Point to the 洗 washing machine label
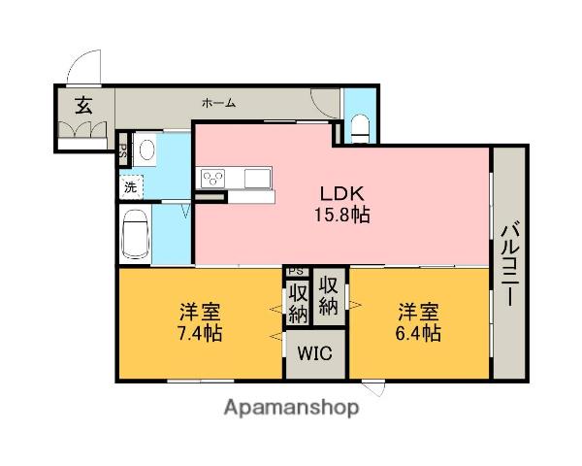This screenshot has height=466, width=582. click(129, 184)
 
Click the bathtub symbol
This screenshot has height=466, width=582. click(135, 235)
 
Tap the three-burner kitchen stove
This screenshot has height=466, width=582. click(212, 178)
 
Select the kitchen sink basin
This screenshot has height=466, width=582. click(257, 178)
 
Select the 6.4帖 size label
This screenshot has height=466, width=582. click(418, 333)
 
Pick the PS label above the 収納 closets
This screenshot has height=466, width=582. click(296, 272)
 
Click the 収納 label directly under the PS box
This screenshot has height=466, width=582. click(297, 301)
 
